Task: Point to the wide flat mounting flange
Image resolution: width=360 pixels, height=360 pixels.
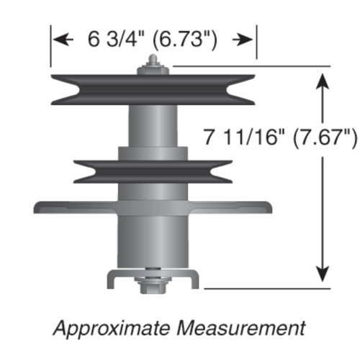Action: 65,207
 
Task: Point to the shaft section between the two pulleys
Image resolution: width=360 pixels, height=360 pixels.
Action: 152,126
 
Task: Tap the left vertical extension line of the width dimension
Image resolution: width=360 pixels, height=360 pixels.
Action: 50,47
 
